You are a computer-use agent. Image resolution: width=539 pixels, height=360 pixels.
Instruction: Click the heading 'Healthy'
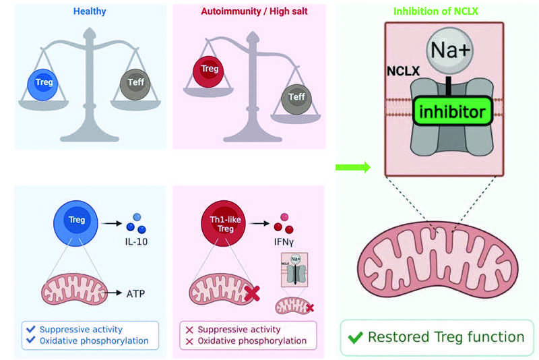[x=90, y=11]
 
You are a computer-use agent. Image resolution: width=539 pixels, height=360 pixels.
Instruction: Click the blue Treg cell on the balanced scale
[x=44, y=83]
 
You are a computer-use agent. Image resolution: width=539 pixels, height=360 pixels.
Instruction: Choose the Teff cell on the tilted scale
[x=296, y=97]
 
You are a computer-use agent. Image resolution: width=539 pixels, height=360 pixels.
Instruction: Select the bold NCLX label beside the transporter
[x=402, y=69]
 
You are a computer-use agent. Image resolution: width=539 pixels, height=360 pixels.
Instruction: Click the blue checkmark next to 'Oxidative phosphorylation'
[x=30, y=341]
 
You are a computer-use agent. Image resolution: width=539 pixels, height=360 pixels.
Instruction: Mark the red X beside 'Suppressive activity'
[x=189, y=330]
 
